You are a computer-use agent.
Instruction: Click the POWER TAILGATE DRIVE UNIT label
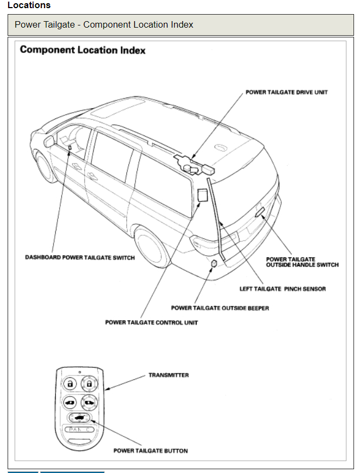286,92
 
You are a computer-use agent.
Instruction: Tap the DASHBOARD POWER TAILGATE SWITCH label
80,257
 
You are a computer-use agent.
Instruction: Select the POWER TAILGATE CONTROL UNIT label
151,322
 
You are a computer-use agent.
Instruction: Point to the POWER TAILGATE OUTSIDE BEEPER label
220,308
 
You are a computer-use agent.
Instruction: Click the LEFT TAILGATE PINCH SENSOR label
282,289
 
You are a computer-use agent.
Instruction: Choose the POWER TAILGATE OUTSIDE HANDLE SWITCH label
302,262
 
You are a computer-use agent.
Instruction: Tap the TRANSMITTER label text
169,375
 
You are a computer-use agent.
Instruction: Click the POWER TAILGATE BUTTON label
150,450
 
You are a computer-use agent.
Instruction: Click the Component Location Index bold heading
82,50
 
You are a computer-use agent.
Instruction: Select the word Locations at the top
29,5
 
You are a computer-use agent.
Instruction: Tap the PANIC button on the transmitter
80,430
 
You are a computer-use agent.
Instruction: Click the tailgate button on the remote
79,418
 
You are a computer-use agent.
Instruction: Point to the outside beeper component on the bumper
215,263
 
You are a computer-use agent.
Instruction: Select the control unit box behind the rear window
203,195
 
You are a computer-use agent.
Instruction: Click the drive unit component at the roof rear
193,163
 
